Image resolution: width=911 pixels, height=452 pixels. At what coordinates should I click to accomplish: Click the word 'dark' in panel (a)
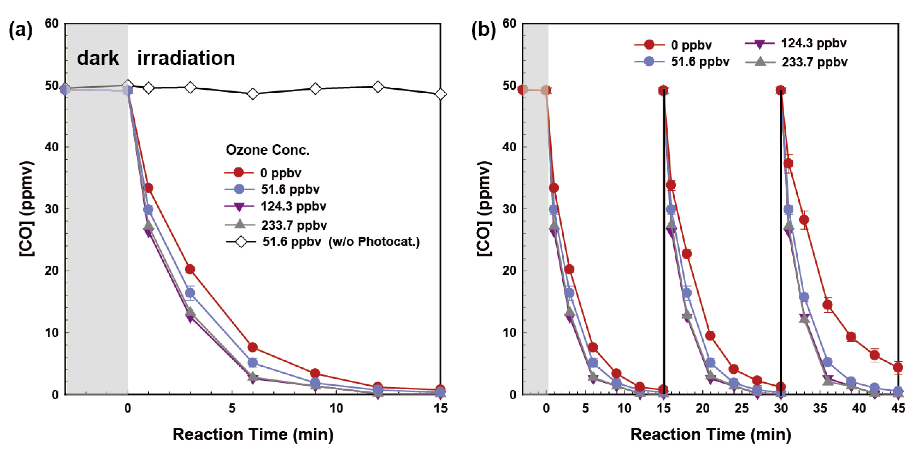[98, 58]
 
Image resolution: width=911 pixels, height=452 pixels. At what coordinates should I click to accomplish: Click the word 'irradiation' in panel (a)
[186, 58]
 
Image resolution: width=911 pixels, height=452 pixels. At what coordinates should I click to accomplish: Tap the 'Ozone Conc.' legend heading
[268, 150]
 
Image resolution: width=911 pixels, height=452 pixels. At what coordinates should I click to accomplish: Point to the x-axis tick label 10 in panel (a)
[336, 409]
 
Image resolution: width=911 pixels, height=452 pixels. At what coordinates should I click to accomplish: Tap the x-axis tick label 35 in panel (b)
[820, 409]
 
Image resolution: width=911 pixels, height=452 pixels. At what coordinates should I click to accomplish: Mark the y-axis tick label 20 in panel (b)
[509, 271]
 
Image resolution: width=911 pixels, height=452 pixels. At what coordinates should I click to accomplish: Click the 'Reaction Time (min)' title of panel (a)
[253, 434]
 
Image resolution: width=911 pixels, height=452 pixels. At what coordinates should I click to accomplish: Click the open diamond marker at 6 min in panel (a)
[252, 94]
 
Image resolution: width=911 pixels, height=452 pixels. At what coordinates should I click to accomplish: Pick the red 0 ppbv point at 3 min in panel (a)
[190, 269]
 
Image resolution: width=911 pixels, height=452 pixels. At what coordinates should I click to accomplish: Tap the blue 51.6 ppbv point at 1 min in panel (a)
[148, 210]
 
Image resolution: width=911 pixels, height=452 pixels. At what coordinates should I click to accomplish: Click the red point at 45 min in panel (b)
[898, 368]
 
